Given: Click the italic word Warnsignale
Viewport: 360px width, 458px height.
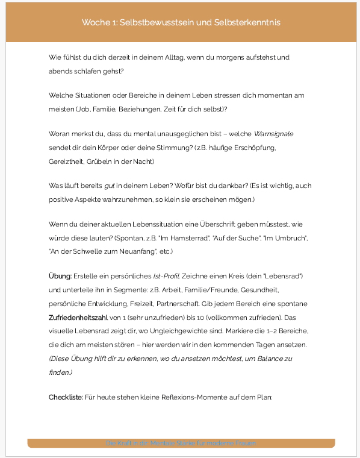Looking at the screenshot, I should pyautogui.click(x=274, y=134).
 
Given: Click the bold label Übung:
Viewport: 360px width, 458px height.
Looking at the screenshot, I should pyautogui.click(x=60, y=276).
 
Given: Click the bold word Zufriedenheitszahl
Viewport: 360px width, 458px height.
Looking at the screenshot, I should pyautogui.click(x=78, y=318).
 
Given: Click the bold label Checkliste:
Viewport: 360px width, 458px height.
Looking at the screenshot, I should pyautogui.click(x=66, y=397).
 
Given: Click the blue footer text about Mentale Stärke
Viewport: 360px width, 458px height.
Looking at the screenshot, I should pyautogui.click(x=181, y=444).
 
